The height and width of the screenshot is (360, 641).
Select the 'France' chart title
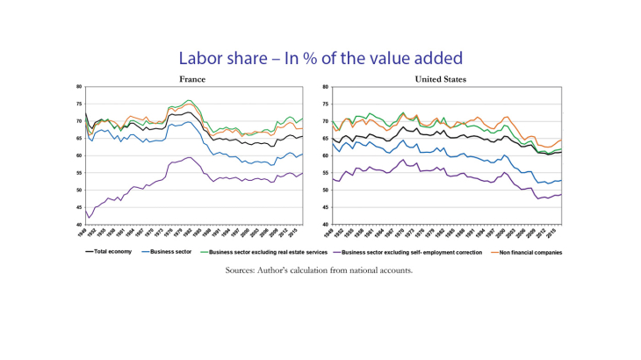click(x=192, y=79)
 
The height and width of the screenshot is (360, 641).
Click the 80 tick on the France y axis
click(x=79, y=87)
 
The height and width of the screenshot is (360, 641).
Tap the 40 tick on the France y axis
click(x=79, y=225)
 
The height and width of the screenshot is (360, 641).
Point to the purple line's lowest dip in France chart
click(x=89, y=218)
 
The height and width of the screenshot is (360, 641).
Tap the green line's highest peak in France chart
click(x=189, y=100)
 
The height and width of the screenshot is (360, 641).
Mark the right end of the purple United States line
click(x=561, y=194)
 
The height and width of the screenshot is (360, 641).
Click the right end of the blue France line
click(x=302, y=155)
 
